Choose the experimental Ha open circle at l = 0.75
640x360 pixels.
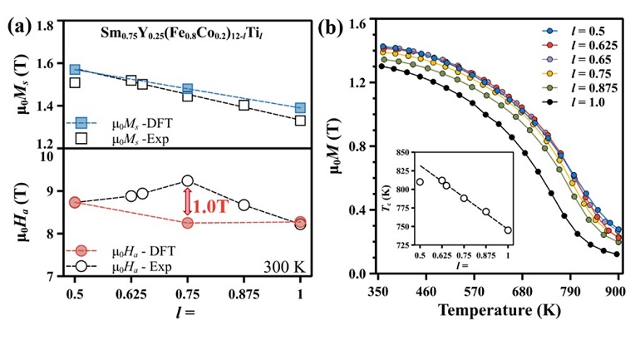(187, 181)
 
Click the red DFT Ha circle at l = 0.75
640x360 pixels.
(187, 223)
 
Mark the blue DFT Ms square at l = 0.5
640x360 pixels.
(75, 70)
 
